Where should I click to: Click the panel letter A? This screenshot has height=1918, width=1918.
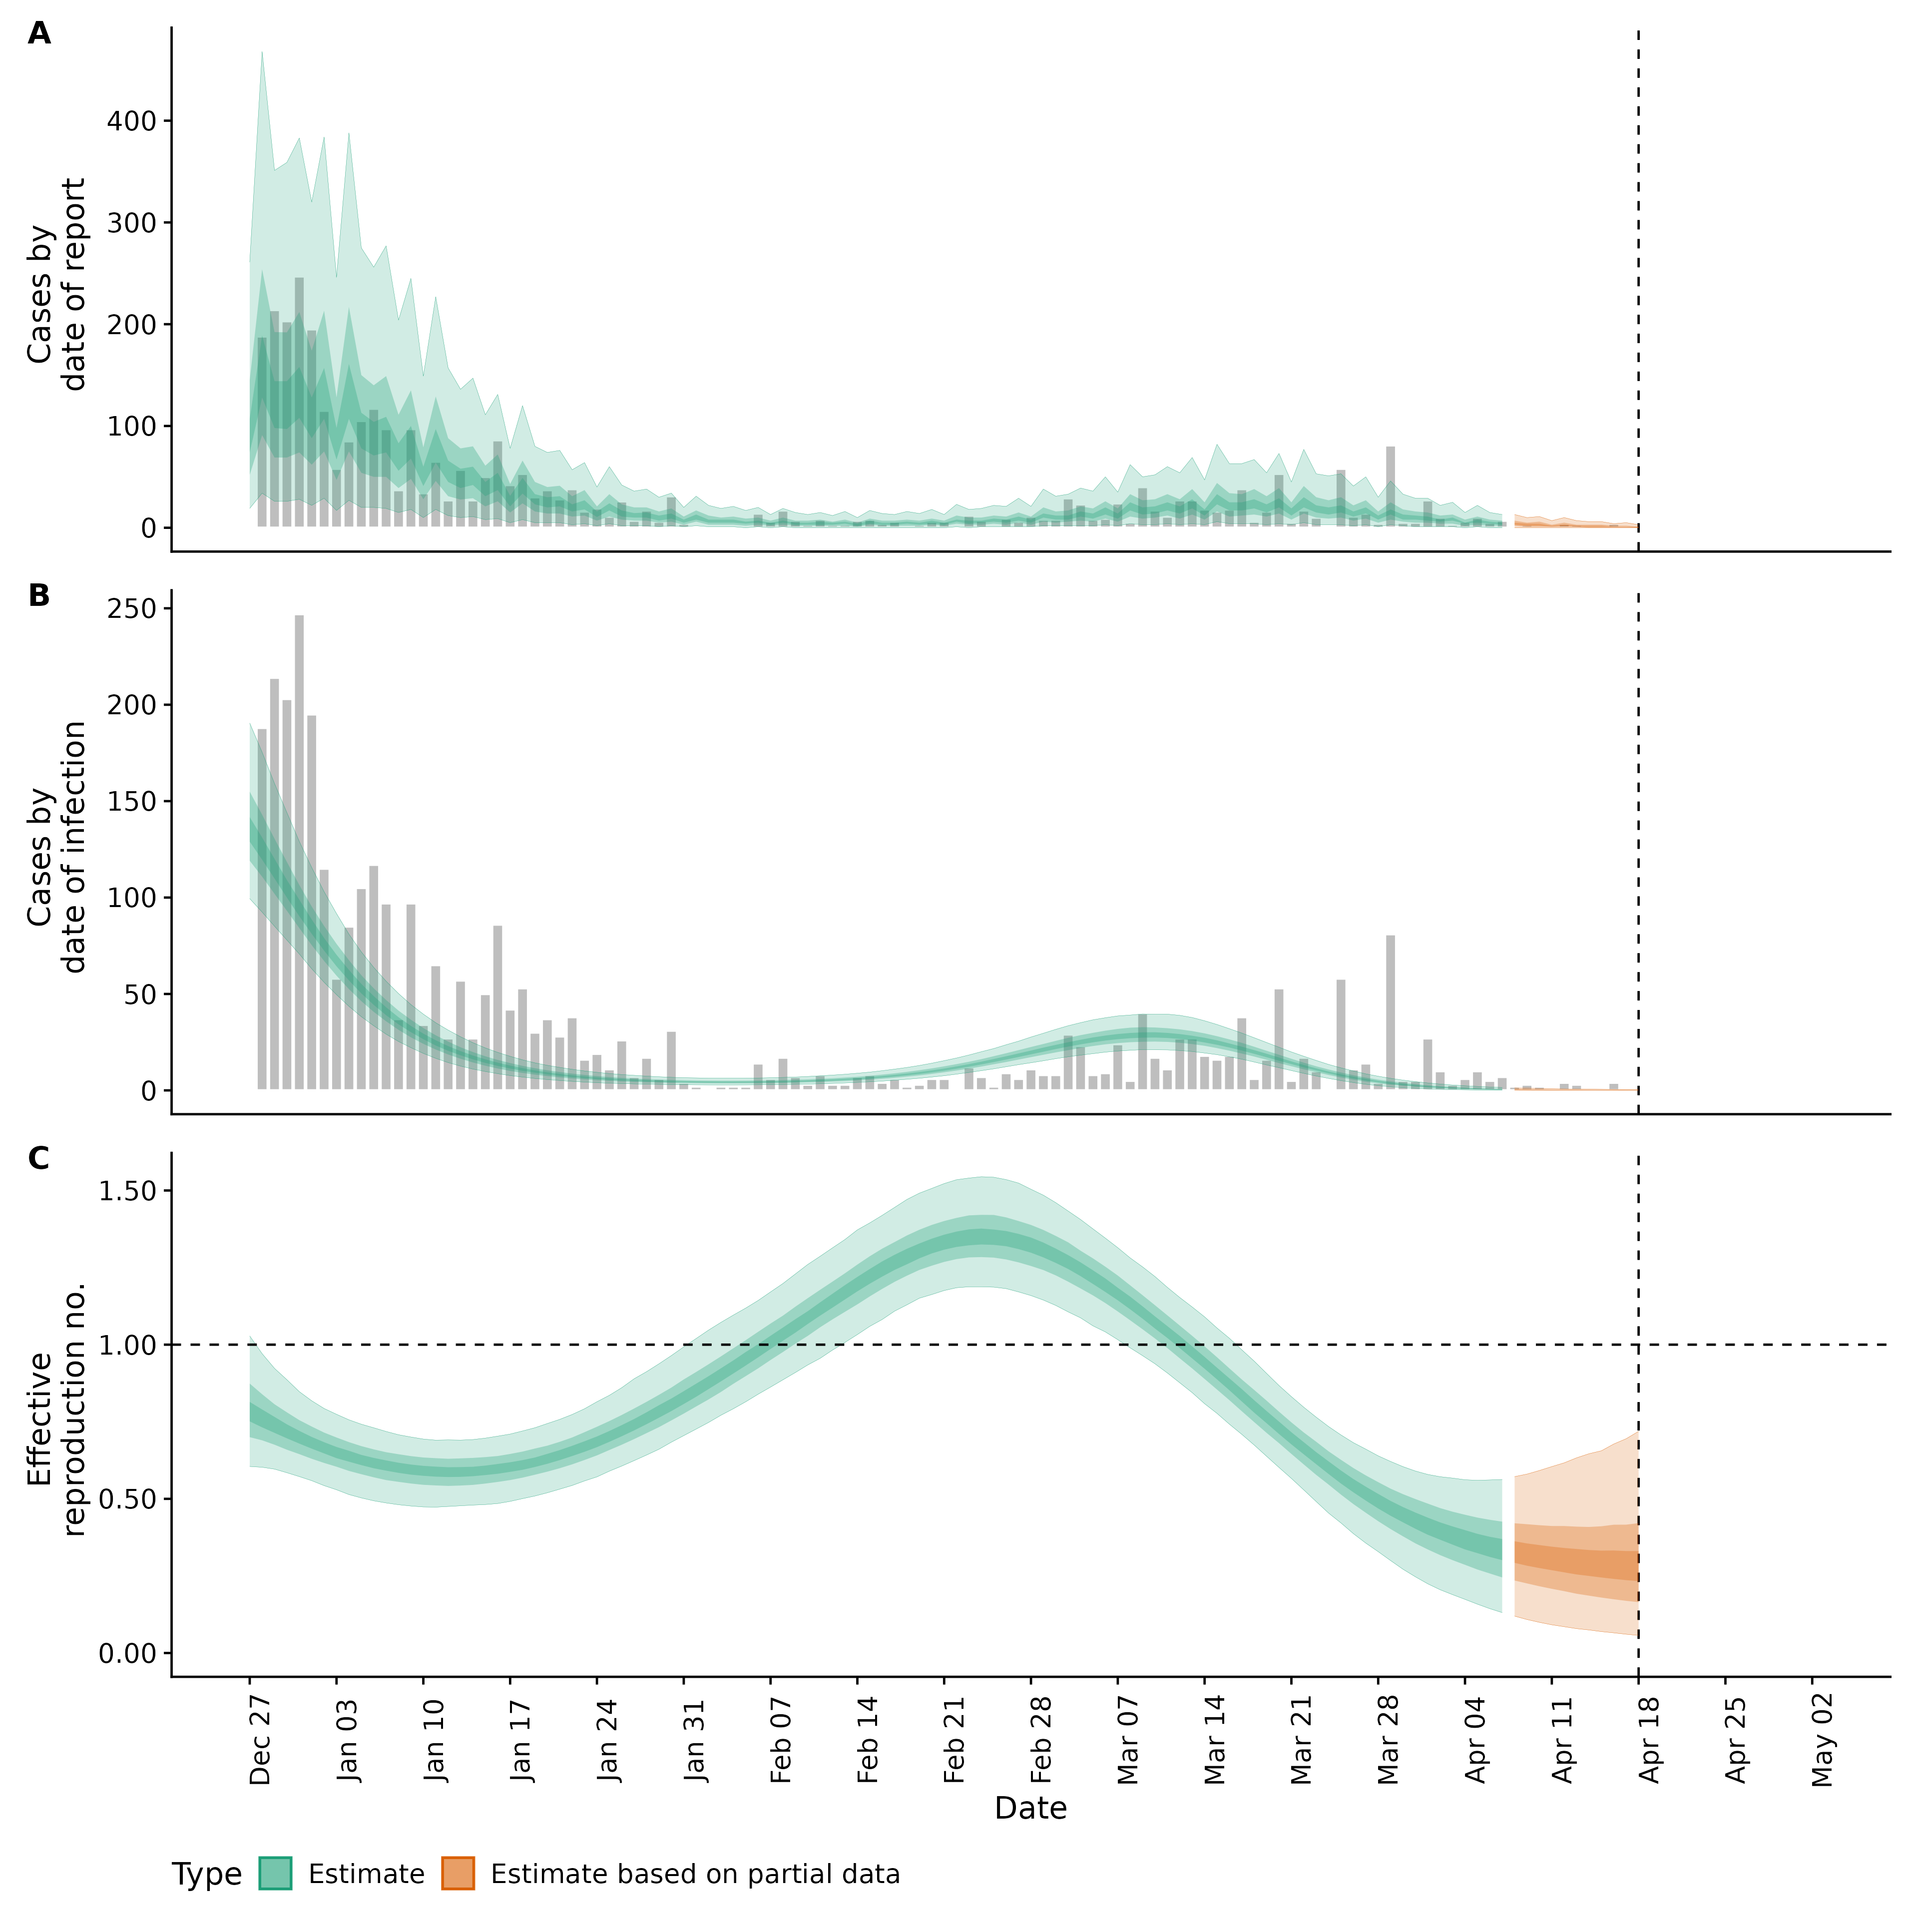[x=39, y=34]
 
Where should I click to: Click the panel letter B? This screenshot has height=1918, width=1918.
[x=39, y=596]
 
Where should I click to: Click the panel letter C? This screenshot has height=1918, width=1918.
[x=39, y=1159]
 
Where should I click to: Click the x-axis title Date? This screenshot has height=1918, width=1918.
[x=1030, y=1809]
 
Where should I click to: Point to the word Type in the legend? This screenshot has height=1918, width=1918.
[x=206, y=1875]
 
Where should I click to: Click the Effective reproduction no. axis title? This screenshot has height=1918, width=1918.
[x=56, y=1410]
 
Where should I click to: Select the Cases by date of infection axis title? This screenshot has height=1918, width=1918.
[x=56, y=847]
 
